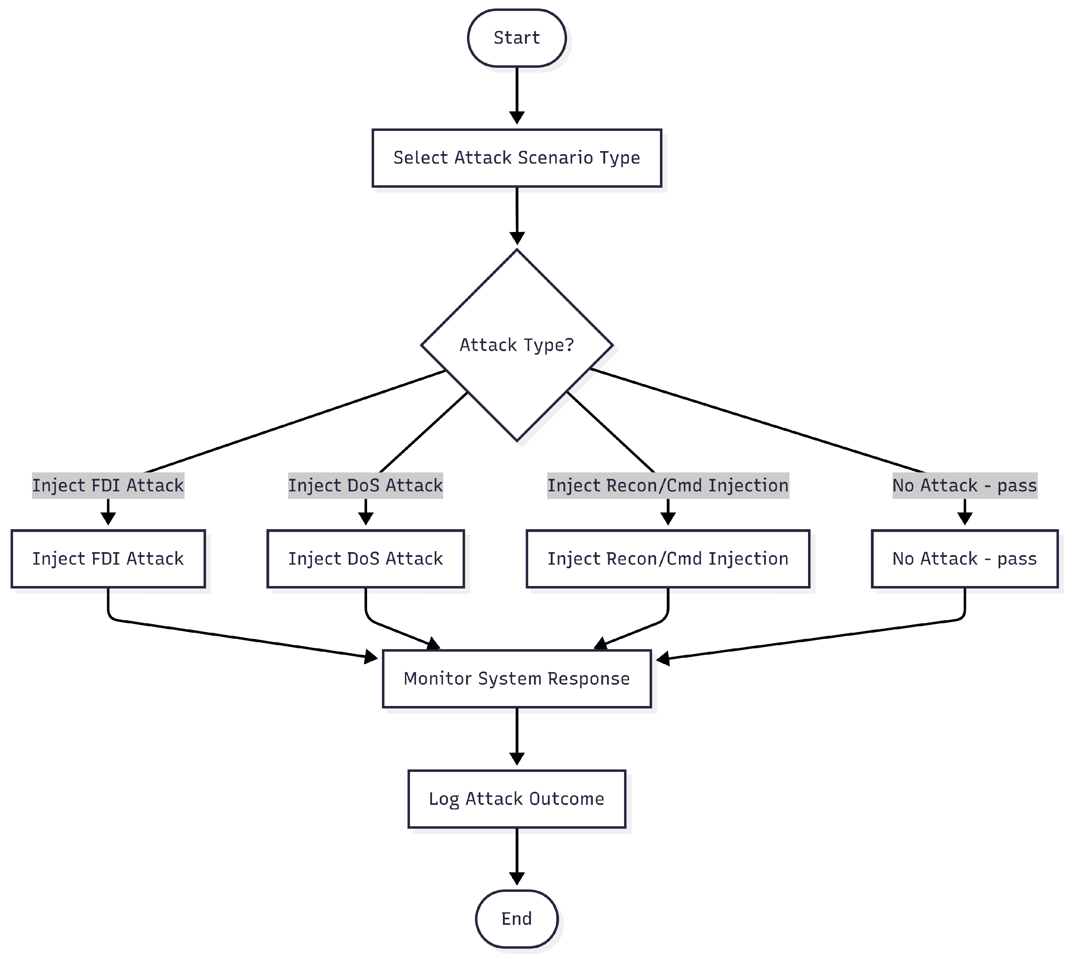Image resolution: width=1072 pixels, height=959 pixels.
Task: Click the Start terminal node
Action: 516,38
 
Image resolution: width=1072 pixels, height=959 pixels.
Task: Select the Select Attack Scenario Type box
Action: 516,157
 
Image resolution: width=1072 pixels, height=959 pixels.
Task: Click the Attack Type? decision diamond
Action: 516,345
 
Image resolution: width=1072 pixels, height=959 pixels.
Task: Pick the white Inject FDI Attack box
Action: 108,559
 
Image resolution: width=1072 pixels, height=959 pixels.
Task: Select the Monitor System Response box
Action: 516,679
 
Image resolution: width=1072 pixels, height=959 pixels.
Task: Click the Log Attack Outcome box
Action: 516,799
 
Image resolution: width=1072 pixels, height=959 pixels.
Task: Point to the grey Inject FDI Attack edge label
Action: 108,485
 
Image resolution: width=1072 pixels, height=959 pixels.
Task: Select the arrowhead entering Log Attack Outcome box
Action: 517,758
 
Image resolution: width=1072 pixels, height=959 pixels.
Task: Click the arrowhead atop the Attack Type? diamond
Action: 517,238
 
